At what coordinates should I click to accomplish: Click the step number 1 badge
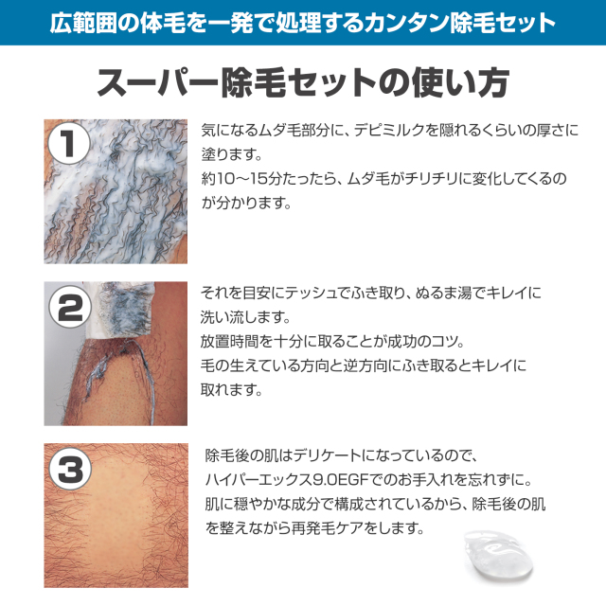[68, 145]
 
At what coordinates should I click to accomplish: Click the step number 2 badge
[68, 307]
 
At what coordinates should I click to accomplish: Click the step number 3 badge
[68, 468]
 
